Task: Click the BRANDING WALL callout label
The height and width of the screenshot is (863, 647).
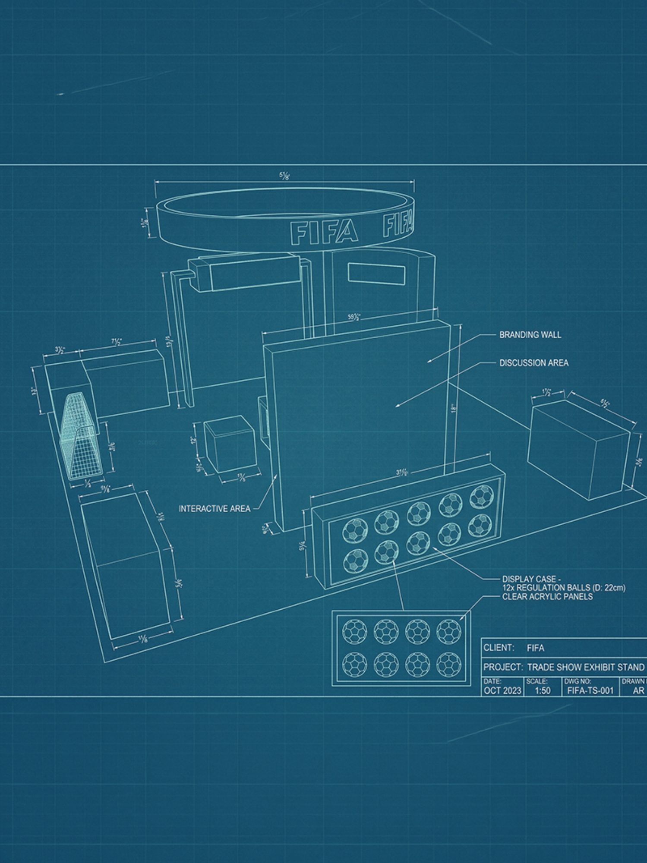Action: [530, 334]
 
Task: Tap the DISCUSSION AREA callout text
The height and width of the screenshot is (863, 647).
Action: [533, 363]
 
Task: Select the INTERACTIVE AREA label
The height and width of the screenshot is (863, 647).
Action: [215, 509]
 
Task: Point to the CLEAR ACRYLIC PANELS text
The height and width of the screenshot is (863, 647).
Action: [547, 597]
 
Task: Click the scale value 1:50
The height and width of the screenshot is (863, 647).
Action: [543, 690]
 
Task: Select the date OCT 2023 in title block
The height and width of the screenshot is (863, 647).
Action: [502, 690]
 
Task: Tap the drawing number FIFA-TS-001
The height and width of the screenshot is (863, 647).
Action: [590, 690]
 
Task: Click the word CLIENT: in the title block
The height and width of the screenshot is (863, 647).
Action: [499, 648]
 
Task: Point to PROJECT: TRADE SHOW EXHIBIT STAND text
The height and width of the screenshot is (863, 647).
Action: [563, 667]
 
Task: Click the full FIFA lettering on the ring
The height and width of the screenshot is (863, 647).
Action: [324, 232]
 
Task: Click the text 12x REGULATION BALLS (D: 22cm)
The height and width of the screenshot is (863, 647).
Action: [563, 588]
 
